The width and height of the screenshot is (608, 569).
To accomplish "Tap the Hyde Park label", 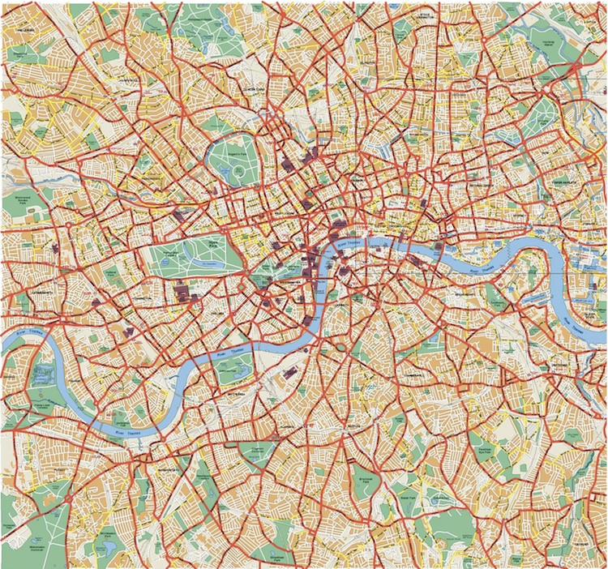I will pyautogui.click(x=214, y=243).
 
